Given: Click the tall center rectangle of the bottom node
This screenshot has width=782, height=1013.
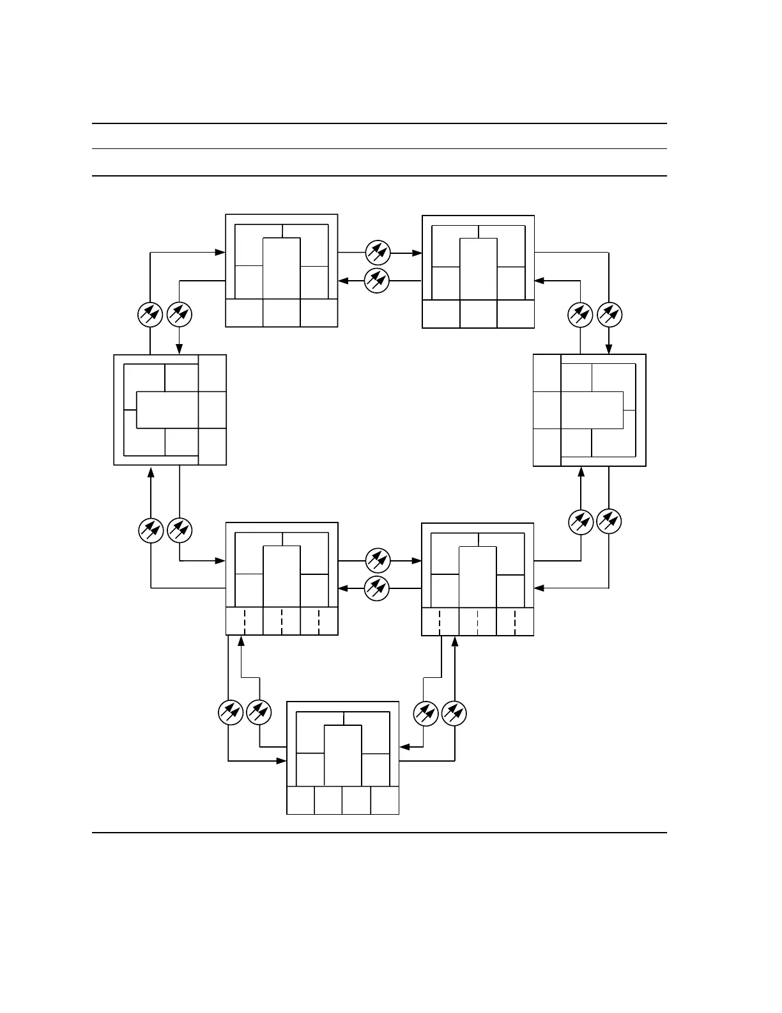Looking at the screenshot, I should point(343,755).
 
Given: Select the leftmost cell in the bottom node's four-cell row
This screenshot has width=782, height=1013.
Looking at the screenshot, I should point(301,800).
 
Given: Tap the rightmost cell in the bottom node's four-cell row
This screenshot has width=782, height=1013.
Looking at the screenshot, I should point(385,800).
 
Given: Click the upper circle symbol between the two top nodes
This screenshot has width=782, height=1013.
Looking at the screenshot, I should point(378,253).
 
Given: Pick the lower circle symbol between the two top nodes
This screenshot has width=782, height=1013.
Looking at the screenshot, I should point(378,280).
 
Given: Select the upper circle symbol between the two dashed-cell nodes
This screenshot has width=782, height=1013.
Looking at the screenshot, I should point(378,561).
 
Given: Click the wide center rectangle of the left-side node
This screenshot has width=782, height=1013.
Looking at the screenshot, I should point(168,409).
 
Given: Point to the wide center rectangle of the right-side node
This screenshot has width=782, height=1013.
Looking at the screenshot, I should point(592,410).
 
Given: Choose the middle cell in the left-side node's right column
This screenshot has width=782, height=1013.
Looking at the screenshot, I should point(213,410).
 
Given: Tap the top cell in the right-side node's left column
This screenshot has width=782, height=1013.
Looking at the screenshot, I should point(547,373).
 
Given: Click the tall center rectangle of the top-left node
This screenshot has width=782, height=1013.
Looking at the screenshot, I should point(282,268).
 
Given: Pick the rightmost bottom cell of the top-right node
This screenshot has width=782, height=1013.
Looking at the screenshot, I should point(516,313).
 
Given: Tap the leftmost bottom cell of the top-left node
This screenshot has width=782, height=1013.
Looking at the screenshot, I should point(245,313).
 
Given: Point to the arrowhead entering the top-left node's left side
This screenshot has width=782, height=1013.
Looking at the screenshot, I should point(220,253).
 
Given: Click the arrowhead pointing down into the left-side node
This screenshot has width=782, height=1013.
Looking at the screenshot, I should point(180,349).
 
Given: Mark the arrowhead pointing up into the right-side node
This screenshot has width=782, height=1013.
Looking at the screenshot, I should point(581,472).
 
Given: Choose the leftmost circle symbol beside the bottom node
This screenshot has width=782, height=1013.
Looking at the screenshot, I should point(231,712).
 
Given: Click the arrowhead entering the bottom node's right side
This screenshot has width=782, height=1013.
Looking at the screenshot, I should point(404,746).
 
